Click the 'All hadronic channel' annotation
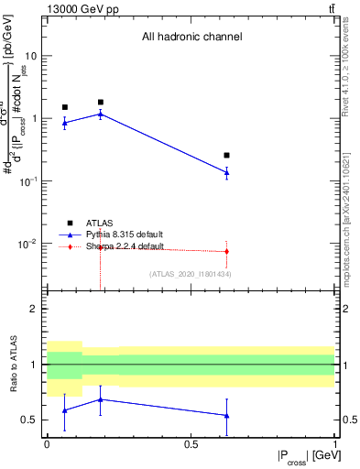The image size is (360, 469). point(191,38)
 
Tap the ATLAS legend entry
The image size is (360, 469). point(100,223)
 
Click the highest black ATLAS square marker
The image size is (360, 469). point(101,103)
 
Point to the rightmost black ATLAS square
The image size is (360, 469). point(226,156)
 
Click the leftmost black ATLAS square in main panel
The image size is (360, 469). point(65,107)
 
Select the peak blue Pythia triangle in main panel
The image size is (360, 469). point(101,114)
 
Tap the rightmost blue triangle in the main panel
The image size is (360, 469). point(226,171)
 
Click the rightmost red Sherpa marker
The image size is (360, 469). point(226,251)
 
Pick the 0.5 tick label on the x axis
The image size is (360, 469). point(191,443)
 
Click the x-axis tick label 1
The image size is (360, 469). point(334,443)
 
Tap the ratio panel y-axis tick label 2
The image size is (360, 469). point(34,309)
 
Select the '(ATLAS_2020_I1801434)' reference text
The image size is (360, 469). point(190,274)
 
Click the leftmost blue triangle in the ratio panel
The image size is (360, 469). point(65,410)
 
